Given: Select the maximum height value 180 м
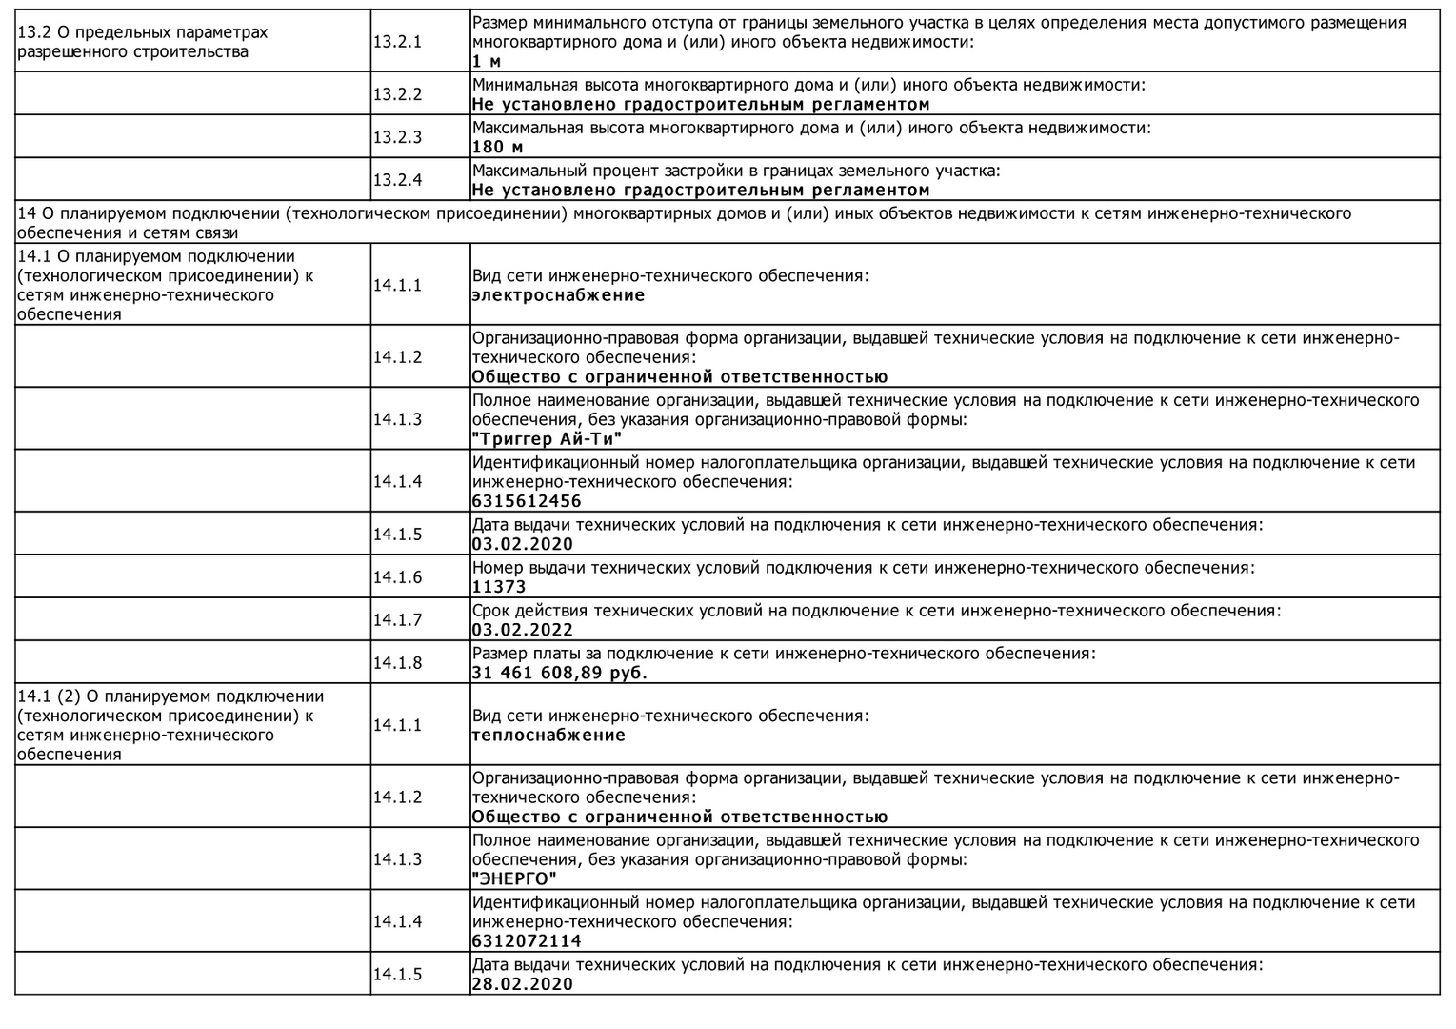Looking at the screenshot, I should (x=497, y=147).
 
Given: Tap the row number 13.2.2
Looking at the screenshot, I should (x=397, y=94).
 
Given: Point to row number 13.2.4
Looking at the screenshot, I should (x=397, y=180).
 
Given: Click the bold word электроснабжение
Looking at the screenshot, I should (x=558, y=295).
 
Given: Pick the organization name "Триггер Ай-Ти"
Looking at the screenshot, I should (x=548, y=439).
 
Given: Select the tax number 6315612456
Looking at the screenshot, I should (x=526, y=501).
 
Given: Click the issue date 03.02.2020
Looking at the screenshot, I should (x=522, y=544).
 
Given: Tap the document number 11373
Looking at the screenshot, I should (x=499, y=587).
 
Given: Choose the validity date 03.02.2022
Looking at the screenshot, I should (x=522, y=630).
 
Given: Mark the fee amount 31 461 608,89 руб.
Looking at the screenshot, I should (x=559, y=673).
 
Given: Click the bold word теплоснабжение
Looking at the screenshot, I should (x=548, y=736).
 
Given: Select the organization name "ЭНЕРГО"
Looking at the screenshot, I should (x=514, y=878).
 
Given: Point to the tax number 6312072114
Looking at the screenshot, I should (x=526, y=941).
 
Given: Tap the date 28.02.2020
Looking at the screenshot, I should (x=522, y=984).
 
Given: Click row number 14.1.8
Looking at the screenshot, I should (x=397, y=663).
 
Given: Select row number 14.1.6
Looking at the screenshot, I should (x=397, y=577).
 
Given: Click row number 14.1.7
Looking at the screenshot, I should (x=397, y=620).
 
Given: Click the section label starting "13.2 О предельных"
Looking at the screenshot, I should (x=142, y=42).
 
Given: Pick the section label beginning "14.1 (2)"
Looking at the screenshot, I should (x=170, y=725).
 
